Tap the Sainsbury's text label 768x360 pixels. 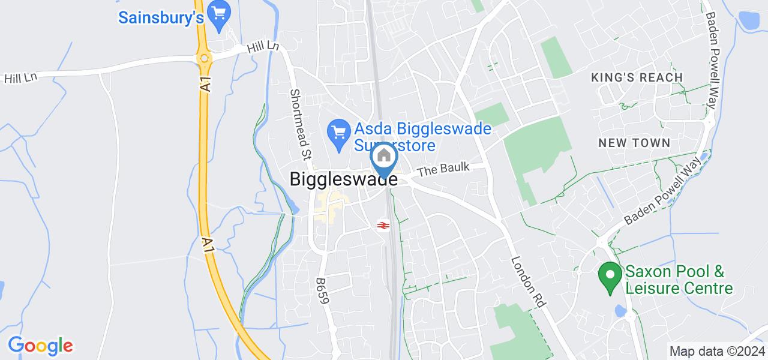pyautogui.click(x=161, y=18)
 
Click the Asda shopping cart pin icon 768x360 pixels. pyautogui.click(x=339, y=133)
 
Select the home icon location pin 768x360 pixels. pyautogui.click(x=384, y=158)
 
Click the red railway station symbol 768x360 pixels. pyautogui.click(x=382, y=226)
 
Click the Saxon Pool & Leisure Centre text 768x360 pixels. pyautogui.click(x=679, y=280)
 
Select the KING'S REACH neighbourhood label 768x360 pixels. pyautogui.click(x=637, y=77)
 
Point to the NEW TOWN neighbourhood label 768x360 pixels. pyautogui.click(x=634, y=143)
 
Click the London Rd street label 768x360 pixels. pyautogui.click(x=527, y=282)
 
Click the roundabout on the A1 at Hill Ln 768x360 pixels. pyautogui.click(x=205, y=59)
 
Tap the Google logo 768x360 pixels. pyautogui.click(x=40, y=346)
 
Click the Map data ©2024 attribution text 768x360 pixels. pyautogui.click(x=717, y=351)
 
